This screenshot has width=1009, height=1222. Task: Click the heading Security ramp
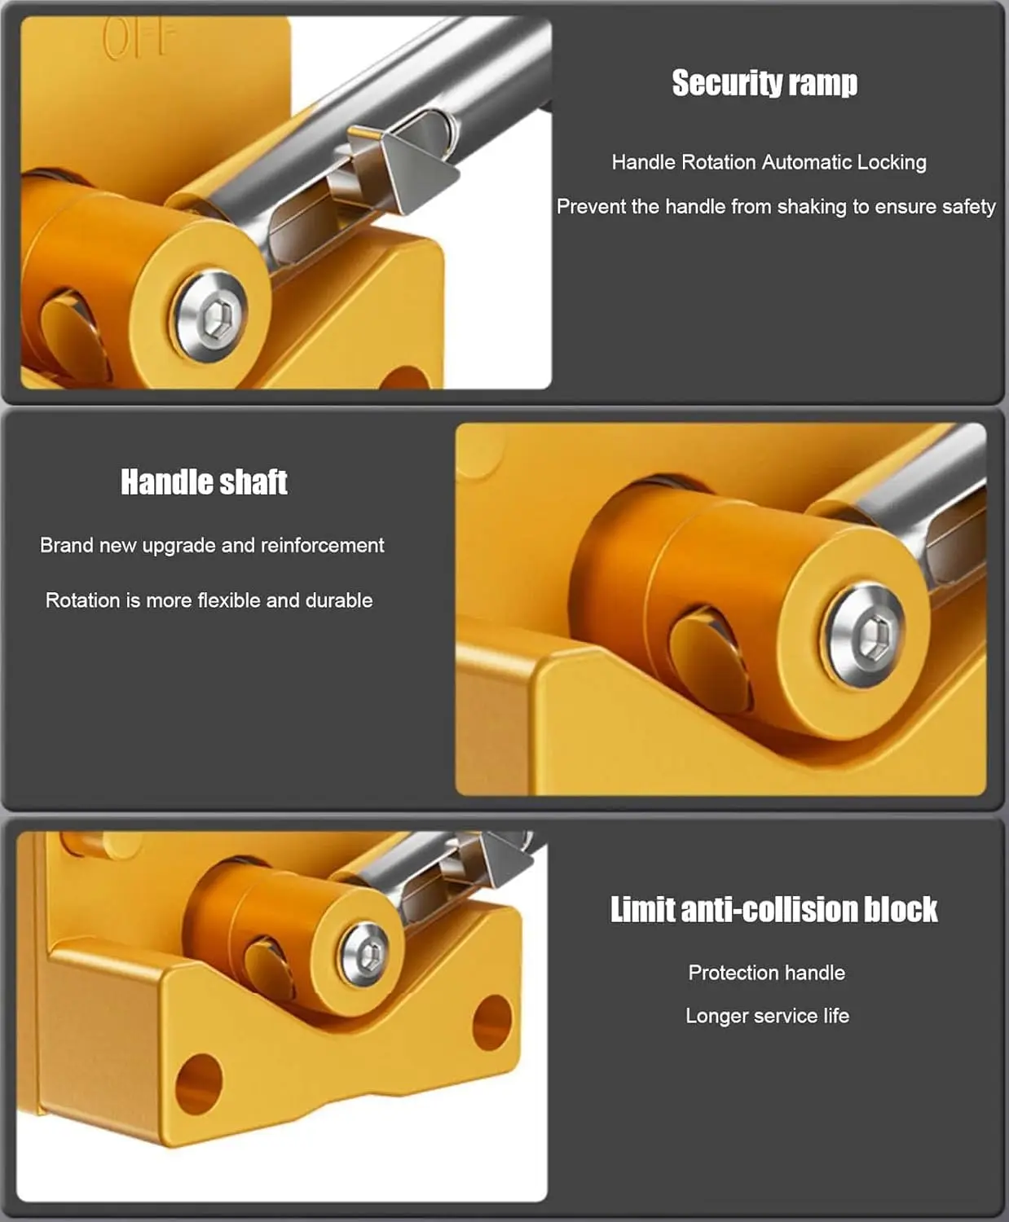[764, 83]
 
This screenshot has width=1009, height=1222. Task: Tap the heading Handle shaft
[204, 481]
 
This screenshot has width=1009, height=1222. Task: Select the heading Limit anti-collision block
[773, 909]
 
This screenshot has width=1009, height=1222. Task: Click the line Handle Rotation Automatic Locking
[769, 162]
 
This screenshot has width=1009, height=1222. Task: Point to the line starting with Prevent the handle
[775, 207]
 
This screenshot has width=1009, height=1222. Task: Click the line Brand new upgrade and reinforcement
[212, 545]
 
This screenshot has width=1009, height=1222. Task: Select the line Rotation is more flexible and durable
[209, 600]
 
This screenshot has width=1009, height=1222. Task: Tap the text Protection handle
[766, 973]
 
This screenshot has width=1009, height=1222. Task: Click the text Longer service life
[767, 1016]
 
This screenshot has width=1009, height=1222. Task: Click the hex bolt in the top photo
[212, 316]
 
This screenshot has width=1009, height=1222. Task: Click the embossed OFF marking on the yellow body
[139, 39]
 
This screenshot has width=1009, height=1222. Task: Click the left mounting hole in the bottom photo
[198, 1084]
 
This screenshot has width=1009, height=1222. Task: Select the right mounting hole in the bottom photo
[492, 1022]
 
